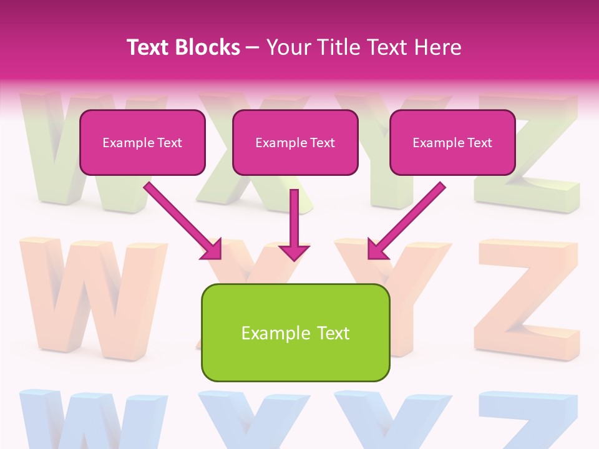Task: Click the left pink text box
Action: click(142, 143)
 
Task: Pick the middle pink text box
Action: click(295, 143)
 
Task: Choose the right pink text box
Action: click(452, 143)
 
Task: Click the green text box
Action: click(295, 332)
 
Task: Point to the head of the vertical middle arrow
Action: click(294, 252)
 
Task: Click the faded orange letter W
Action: click(94, 293)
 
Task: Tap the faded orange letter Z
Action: click(527, 299)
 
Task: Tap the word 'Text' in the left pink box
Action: click(170, 143)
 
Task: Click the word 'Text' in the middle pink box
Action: click(323, 143)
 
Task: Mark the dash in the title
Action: click(253, 48)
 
